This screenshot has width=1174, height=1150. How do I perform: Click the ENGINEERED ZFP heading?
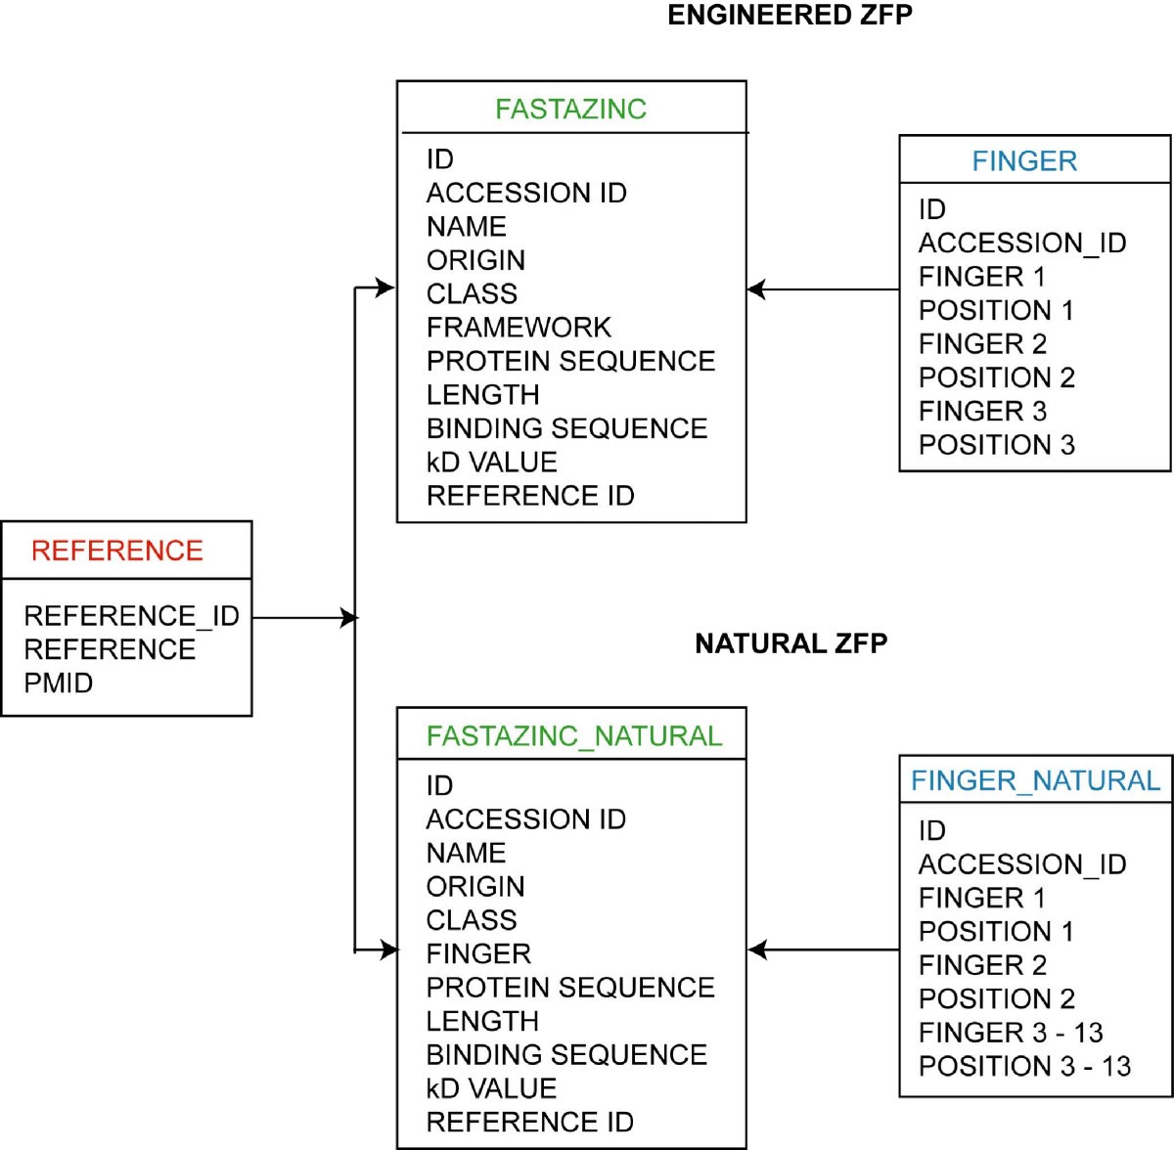790,16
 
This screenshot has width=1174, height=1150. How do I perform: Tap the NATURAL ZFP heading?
790,643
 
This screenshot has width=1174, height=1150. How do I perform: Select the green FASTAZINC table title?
570,109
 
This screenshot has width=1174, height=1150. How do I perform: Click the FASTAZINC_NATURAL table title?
573,735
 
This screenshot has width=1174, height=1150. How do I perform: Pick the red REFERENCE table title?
116,551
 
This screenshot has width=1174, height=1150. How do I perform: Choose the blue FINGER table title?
1023,161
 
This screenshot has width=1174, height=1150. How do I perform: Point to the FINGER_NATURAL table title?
1034,780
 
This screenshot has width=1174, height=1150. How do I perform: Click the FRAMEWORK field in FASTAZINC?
519,328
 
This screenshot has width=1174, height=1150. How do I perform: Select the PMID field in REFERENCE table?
58,683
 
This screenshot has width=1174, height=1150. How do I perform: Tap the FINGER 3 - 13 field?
1010,1033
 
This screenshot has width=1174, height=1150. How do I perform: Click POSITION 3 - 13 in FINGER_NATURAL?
1023,1066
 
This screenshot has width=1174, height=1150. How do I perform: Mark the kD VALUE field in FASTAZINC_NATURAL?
491,1088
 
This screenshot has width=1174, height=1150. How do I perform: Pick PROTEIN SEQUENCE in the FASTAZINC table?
570,361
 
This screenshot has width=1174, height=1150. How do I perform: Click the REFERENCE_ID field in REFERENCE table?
131,616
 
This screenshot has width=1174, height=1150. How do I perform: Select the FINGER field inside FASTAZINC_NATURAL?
477,953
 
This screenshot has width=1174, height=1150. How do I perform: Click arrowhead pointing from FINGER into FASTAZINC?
756,289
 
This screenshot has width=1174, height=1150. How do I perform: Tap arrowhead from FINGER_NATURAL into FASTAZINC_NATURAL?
756,950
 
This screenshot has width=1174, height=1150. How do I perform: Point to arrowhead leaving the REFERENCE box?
348,618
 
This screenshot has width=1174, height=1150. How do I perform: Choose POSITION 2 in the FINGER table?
996,377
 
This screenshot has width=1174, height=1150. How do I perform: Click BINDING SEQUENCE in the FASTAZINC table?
566,428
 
